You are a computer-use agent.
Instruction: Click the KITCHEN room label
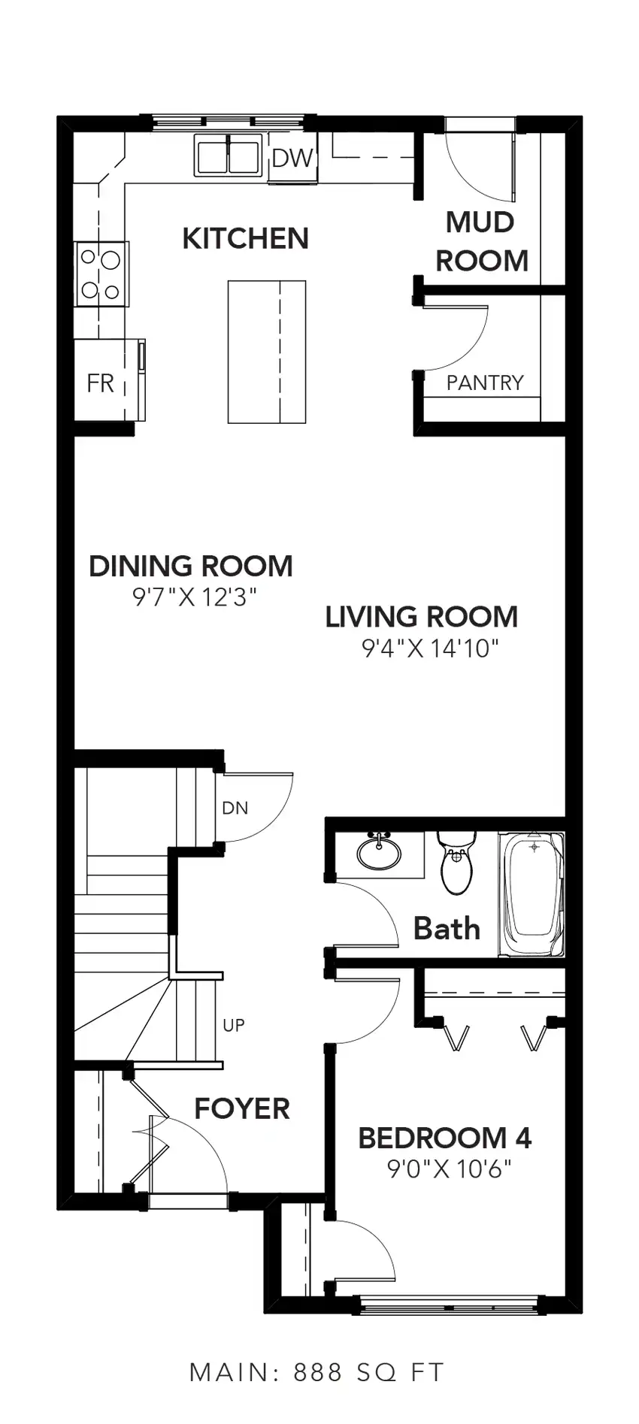click(245, 238)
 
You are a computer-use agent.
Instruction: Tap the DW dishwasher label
click(292, 158)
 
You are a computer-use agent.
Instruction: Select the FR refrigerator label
click(100, 383)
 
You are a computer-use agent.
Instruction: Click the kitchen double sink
click(228, 155)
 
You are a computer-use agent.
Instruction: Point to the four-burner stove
click(101, 274)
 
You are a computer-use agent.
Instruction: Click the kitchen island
click(267, 352)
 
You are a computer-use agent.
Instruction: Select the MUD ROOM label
click(482, 241)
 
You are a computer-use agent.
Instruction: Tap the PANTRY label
click(484, 382)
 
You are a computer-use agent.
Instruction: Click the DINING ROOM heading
click(191, 566)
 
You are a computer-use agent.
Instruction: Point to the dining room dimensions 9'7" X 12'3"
click(195, 597)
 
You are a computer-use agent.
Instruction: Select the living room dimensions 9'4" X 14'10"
click(431, 648)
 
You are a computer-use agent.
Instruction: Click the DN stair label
click(235, 808)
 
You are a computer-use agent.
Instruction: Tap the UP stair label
click(234, 1025)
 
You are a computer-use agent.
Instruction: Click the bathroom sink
click(380, 852)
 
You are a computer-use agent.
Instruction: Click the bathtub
click(532, 894)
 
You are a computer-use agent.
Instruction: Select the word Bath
click(447, 929)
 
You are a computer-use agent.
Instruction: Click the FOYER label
click(242, 1108)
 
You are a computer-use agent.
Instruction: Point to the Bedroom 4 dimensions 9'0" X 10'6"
click(449, 1169)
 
